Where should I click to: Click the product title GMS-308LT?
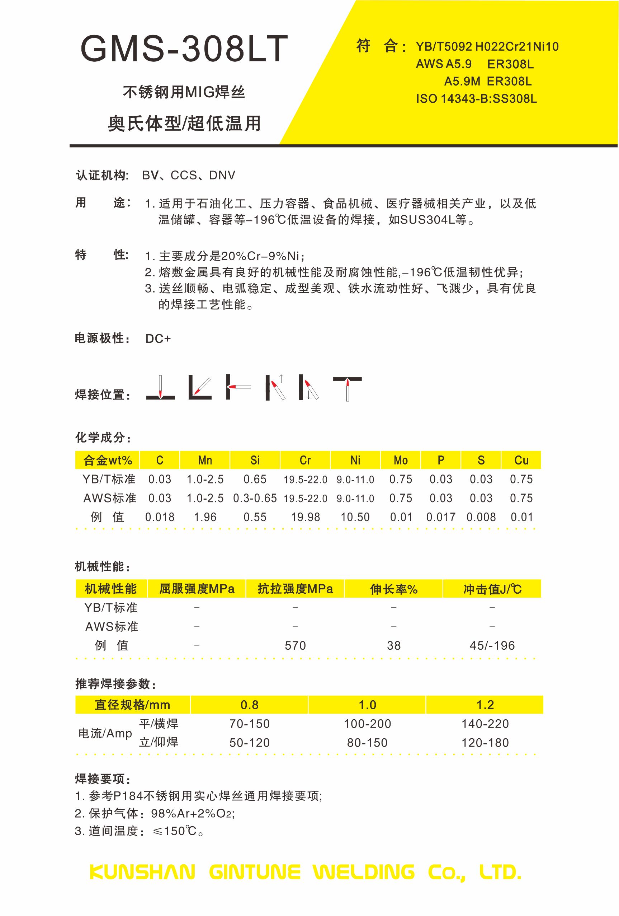184,49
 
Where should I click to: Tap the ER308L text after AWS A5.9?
510,64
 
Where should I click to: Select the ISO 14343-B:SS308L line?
476,99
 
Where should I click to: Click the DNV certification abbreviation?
222,176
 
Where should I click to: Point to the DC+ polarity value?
158,338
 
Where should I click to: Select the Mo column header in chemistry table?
401,460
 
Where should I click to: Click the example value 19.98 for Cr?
305,517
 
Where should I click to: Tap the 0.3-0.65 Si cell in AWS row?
255,498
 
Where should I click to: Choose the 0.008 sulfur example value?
481,517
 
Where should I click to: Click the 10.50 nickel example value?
355,517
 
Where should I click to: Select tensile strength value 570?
295,646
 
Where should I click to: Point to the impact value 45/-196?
492,646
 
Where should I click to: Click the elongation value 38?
393,646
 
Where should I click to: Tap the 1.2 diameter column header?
485,705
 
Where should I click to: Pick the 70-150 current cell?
249,724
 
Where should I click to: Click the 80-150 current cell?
367,743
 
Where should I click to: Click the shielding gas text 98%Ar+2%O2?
193,813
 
